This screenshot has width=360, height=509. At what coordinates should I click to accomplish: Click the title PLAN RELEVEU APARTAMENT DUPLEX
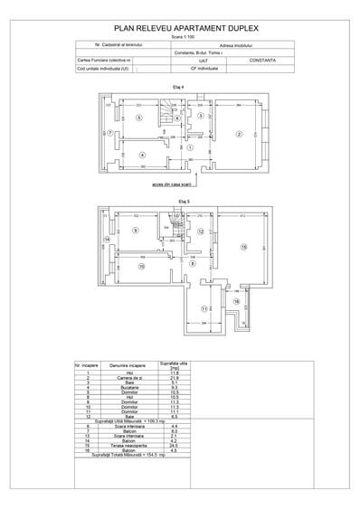click(181, 29)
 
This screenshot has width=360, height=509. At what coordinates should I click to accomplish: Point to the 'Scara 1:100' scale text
click(181, 37)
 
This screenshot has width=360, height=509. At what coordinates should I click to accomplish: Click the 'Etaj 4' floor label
click(179, 86)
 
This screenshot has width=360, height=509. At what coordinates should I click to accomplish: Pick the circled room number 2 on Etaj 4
click(240, 135)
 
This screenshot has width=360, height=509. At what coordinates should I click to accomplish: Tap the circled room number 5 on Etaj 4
click(138, 118)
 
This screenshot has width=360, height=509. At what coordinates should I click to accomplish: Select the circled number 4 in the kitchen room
click(142, 155)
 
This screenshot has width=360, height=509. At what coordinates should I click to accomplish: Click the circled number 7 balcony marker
click(109, 134)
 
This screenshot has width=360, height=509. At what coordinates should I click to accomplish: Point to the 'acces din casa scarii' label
click(190, 184)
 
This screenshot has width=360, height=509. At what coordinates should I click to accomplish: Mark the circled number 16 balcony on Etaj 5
click(239, 302)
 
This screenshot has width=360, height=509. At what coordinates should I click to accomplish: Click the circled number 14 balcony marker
click(107, 239)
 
